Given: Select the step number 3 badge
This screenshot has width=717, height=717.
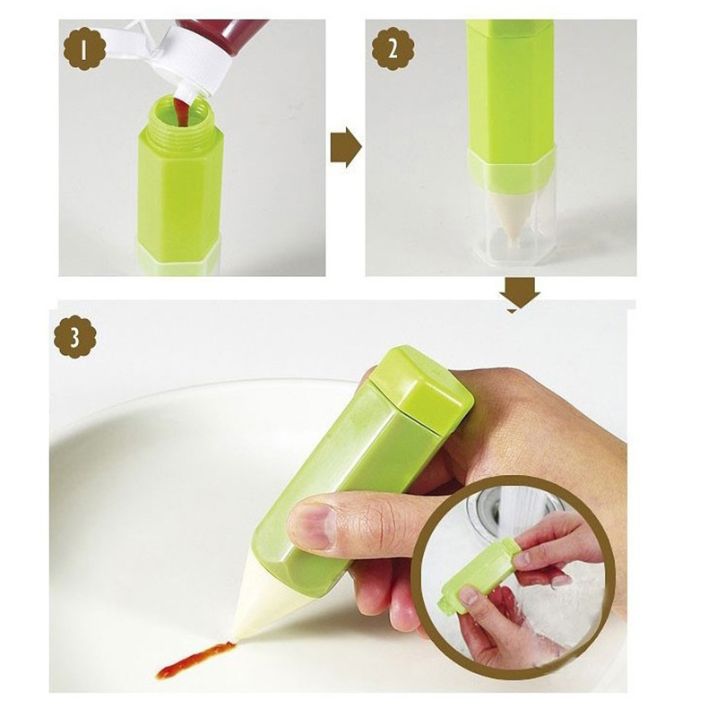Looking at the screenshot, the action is click(x=75, y=339).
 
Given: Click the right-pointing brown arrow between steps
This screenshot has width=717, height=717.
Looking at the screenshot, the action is click(x=346, y=147).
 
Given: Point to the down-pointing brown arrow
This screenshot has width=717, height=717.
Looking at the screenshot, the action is click(x=520, y=296).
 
